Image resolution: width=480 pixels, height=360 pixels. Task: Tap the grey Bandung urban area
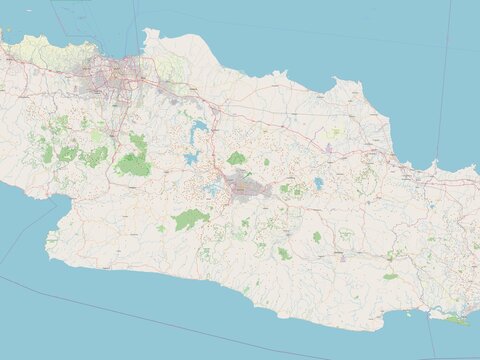point(243,185)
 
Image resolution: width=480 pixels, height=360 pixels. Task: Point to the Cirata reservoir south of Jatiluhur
point(191,158)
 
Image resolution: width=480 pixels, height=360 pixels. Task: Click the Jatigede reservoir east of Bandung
point(318,183)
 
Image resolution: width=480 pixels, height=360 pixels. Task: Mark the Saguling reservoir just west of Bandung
point(212,187)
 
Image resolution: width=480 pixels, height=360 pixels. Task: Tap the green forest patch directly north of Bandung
point(236,158)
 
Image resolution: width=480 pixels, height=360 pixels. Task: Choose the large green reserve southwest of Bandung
point(188,219)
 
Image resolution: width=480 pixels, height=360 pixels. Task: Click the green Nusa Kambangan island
point(455,321)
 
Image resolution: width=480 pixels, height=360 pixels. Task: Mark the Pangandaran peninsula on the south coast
point(408,314)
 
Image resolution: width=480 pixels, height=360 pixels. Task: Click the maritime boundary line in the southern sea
point(150,320)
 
